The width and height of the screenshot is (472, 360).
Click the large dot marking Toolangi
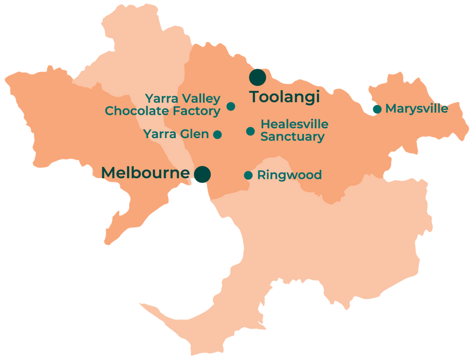[257, 77]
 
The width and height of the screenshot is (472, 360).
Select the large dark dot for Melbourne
[202, 174]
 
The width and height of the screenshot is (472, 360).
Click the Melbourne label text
[145, 173]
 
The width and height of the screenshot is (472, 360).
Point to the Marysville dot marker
[376, 109]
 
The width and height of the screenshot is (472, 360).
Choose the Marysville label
[416, 109]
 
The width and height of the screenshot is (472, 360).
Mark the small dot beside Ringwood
[248, 175]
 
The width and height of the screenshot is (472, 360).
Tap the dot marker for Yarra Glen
[217, 135]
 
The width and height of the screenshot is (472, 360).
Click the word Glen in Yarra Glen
[195, 135]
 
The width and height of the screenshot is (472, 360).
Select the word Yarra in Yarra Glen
[160, 135]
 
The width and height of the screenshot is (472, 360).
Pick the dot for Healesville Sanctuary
[250, 131]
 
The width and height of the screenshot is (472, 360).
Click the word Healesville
[294, 125]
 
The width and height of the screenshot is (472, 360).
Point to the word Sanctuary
[292, 138]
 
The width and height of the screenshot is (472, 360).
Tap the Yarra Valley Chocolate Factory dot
[231, 106]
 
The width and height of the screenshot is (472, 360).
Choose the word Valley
[201, 98]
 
